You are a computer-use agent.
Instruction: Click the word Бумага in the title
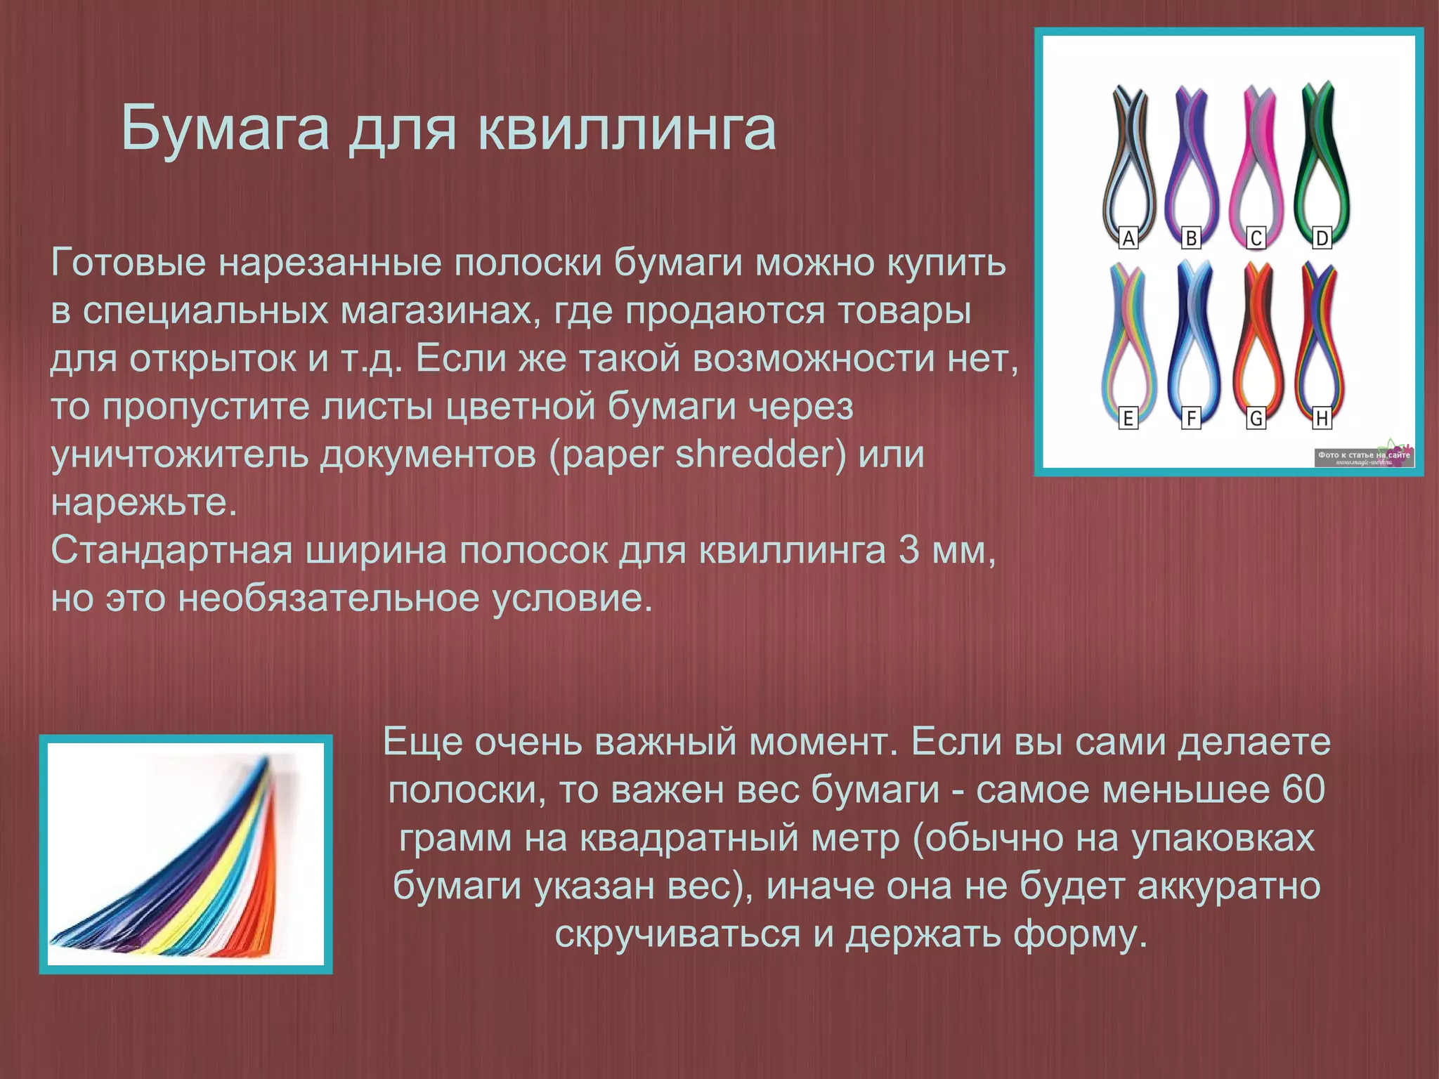(225, 128)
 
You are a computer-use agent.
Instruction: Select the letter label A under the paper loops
(1128, 238)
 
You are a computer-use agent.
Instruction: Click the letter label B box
(1191, 238)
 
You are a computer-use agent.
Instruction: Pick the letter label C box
(1256, 238)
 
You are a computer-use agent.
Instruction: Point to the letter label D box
(1322, 238)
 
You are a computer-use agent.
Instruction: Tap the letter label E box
(1128, 419)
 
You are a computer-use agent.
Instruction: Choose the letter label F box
(1191, 419)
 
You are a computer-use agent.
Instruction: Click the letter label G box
(1256, 419)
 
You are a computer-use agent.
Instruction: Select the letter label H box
(1322, 419)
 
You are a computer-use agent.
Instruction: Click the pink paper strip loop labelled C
(1257, 162)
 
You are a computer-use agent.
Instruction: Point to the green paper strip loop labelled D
(1322, 162)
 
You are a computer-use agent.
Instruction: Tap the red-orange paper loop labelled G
(1257, 337)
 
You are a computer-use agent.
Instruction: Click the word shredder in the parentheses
(760, 455)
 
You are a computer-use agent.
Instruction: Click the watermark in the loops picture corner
(1364, 457)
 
